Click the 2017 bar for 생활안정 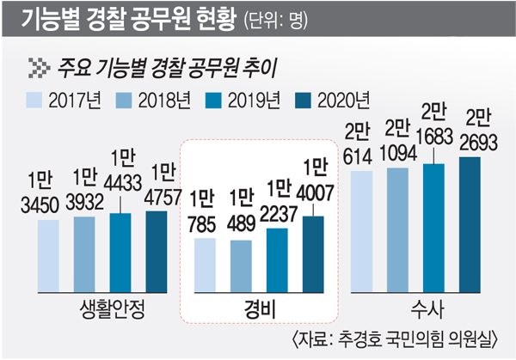(49, 256)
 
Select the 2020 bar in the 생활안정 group (156, 251)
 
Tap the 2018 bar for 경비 (241, 265)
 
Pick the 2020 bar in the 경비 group (313, 254)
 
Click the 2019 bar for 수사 (433, 228)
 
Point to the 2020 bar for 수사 (470, 224)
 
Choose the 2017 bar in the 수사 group (361, 231)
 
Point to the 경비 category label (260, 308)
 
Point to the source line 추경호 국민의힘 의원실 (404, 338)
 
